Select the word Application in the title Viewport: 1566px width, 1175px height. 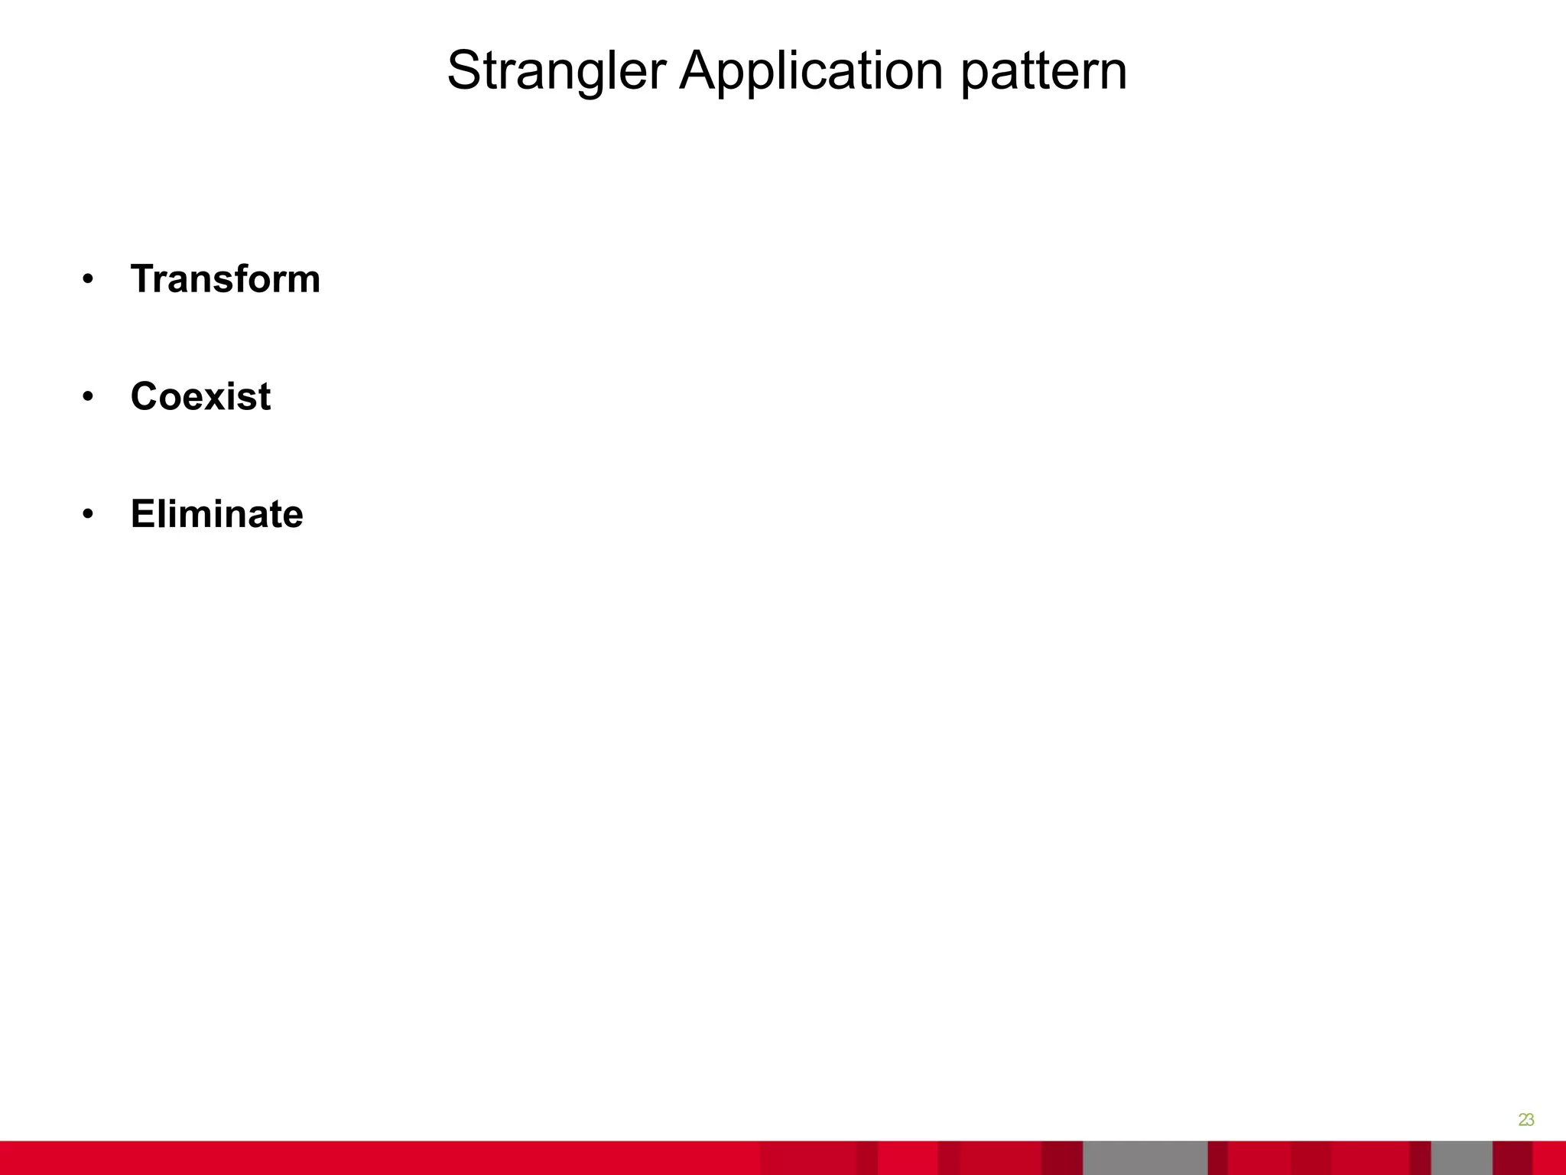(x=811, y=71)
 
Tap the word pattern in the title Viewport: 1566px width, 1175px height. (x=1043, y=71)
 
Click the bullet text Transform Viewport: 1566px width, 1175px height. (x=225, y=278)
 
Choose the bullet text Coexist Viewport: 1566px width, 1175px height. (x=200, y=396)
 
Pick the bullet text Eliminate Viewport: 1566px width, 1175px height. (x=216, y=514)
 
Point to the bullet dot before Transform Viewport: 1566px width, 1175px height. (x=88, y=280)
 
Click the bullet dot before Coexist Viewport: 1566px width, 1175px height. (x=88, y=398)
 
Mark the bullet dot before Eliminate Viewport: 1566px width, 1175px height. (x=88, y=516)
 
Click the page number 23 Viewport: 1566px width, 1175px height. (x=1525, y=1120)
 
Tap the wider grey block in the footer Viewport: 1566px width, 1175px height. (x=1145, y=1157)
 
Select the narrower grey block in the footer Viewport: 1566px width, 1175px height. (x=1461, y=1157)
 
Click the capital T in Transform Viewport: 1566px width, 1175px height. (x=142, y=278)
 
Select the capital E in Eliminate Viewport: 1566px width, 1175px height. (x=142, y=514)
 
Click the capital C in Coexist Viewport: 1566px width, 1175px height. (x=144, y=396)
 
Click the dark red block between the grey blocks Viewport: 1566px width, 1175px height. (x=1217, y=1157)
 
